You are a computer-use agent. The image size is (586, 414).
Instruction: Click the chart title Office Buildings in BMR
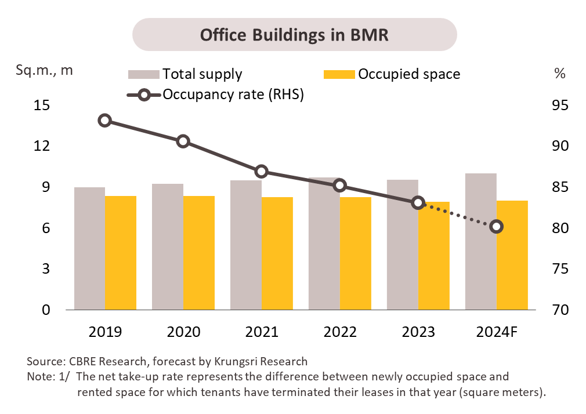(294, 34)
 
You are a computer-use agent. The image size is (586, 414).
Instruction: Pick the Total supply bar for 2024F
(481, 241)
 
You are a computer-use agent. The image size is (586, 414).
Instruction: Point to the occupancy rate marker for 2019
(105, 121)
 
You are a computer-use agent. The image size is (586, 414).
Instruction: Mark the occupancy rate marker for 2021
(262, 171)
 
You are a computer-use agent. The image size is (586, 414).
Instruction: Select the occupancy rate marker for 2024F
(496, 227)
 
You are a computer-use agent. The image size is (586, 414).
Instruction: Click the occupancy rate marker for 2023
(418, 202)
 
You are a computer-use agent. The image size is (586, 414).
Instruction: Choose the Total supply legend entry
(185, 74)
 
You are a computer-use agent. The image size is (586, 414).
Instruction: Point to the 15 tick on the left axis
(42, 106)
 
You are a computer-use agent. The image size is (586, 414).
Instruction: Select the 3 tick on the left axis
(46, 269)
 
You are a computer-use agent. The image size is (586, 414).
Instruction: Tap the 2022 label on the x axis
(340, 332)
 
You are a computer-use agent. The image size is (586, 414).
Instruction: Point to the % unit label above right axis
(559, 73)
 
